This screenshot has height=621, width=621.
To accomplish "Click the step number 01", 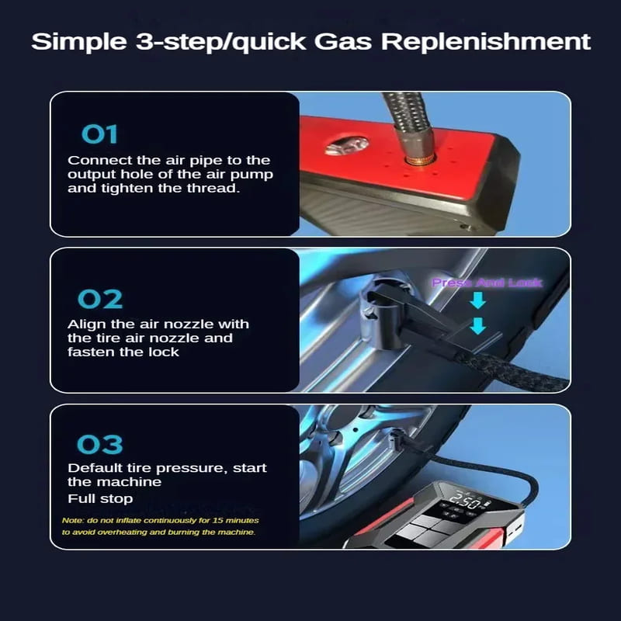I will pyautogui.click(x=99, y=134).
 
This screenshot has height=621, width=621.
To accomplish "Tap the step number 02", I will pyautogui.click(x=99, y=299).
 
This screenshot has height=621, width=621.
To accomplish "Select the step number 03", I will pyautogui.click(x=99, y=445).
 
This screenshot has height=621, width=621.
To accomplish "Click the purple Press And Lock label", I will pyautogui.click(x=487, y=283).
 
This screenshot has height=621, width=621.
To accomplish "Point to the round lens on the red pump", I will pyautogui.click(x=347, y=144).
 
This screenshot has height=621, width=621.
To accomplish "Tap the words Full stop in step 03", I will pyautogui.click(x=100, y=498).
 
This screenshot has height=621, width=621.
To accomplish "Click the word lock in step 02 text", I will pyautogui.click(x=166, y=352).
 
